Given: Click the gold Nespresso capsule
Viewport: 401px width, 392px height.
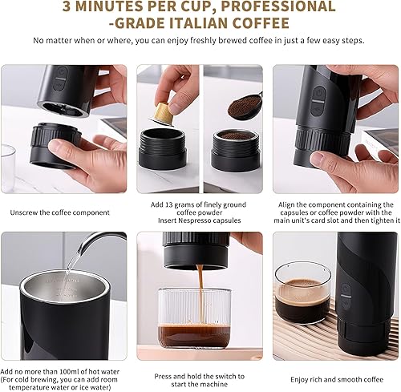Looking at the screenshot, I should pyautogui.click(x=161, y=110).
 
